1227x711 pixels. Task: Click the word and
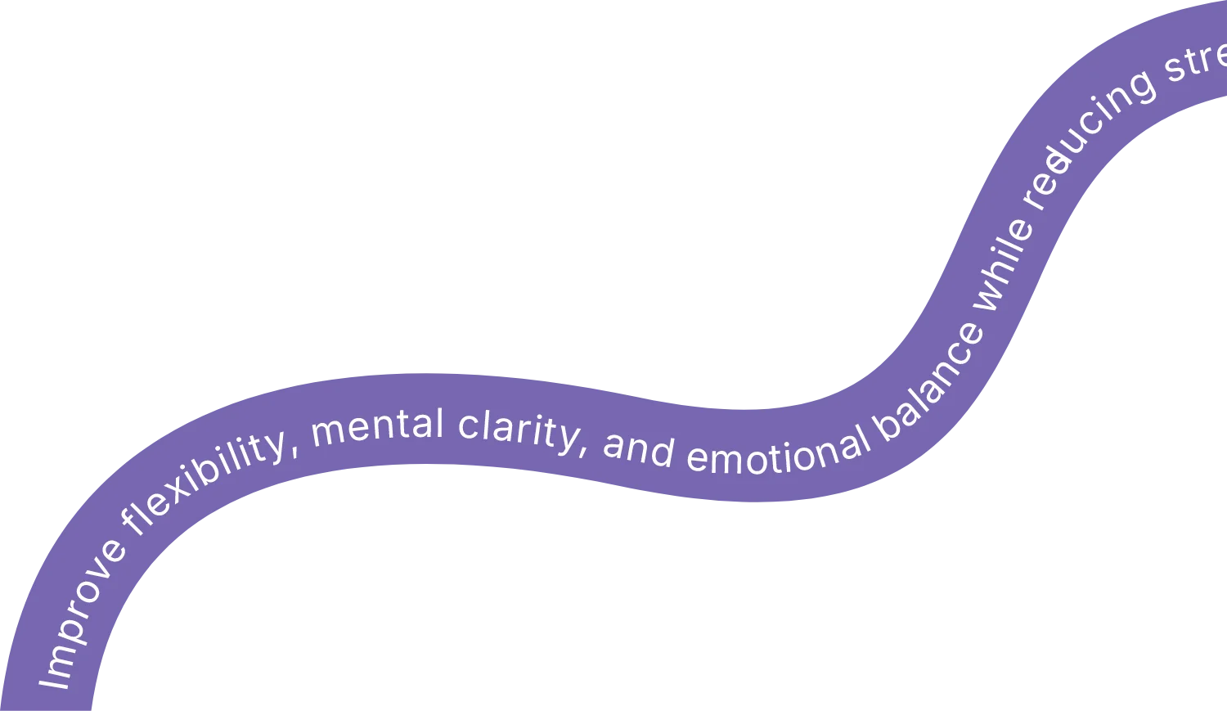pos(638,448)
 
